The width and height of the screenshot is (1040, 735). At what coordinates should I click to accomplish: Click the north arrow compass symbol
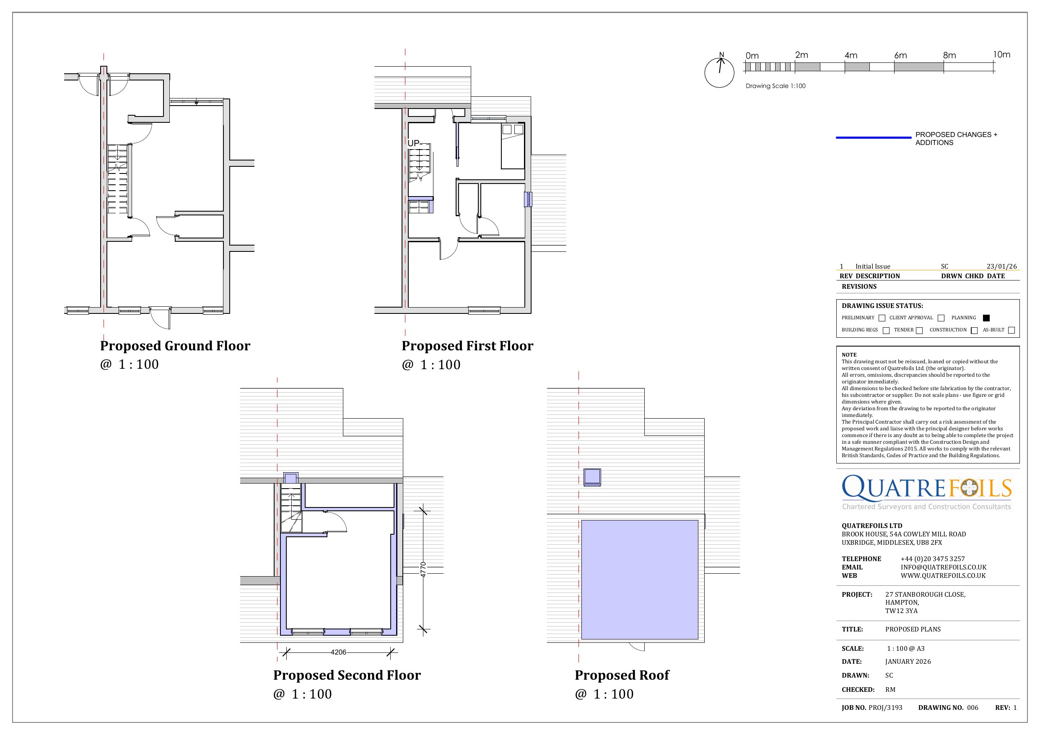[x=719, y=72]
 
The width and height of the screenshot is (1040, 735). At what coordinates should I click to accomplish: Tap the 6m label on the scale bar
[x=900, y=55]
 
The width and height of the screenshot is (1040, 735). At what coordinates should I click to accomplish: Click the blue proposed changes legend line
[x=873, y=137]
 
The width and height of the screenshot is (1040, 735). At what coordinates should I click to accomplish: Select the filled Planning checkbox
[x=986, y=318]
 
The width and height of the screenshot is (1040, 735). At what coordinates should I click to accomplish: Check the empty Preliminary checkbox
[x=882, y=318]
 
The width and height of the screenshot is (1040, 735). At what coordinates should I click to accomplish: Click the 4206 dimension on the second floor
[x=338, y=652]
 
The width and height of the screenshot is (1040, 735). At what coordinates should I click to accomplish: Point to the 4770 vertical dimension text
[x=423, y=569]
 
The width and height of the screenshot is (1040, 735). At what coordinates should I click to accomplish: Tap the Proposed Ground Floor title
[x=175, y=346]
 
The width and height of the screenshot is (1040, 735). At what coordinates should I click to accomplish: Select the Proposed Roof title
[x=622, y=675]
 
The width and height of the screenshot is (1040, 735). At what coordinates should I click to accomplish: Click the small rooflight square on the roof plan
[x=592, y=477]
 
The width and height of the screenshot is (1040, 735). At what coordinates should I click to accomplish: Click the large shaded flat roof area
[x=639, y=579]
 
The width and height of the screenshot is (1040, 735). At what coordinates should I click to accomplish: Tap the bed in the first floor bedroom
[x=512, y=146]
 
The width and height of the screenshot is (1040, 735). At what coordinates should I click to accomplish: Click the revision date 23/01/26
[x=1001, y=266]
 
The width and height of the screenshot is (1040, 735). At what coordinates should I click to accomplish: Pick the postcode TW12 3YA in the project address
[x=901, y=611]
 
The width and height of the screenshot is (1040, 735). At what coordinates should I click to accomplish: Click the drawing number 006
[x=973, y=707]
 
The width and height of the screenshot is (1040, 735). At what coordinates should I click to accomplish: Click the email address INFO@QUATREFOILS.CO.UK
[x=943, y=567]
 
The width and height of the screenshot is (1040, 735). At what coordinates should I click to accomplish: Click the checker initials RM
[x=890, y=690]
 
